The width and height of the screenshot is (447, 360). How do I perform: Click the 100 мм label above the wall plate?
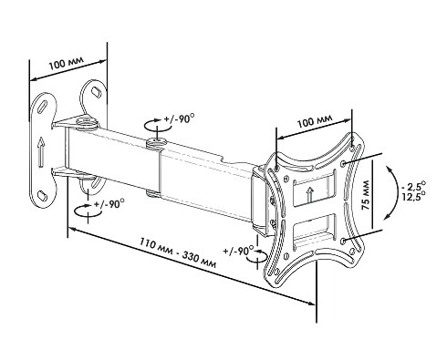coord(67,63)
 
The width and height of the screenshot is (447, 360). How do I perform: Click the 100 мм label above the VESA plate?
coord(315,120)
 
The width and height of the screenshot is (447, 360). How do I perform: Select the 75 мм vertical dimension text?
coord(365,195)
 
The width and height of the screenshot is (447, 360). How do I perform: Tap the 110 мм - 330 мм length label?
coord(178,252)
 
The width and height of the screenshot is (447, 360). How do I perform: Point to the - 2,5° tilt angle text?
coord(413,185)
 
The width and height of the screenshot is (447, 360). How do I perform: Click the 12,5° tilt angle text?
coord(413,196)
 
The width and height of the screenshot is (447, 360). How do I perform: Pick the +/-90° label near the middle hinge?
coord(179,118)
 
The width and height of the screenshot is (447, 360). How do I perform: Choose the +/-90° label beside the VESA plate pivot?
coord(238,251)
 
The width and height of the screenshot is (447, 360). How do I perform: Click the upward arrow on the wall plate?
coord(41,151)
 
